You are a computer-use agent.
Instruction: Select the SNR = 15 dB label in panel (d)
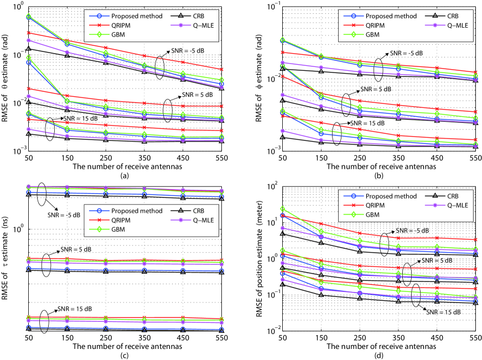point(443,312)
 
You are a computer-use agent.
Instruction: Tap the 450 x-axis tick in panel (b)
point(438,158)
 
